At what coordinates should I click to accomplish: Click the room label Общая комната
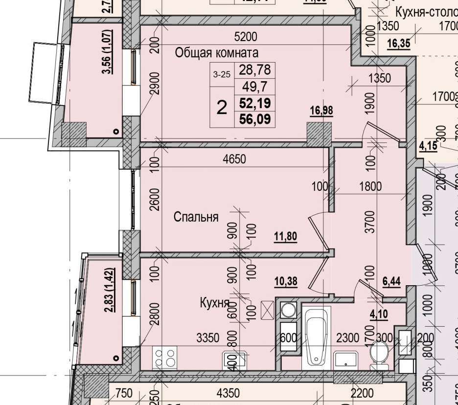217,53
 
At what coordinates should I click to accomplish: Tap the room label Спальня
196,217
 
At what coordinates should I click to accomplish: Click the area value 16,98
321,111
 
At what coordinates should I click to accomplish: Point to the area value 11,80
285,237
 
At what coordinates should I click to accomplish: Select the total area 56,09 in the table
254,119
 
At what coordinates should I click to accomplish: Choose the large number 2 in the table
222,107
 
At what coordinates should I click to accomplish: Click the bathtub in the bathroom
316,337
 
